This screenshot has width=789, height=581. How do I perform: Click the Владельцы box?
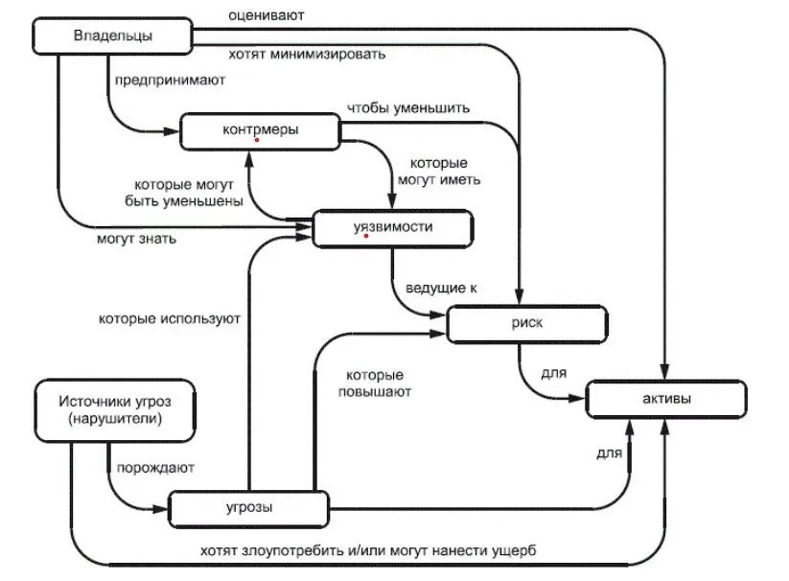coord(113,35)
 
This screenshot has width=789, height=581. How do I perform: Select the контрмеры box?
coord(260,131)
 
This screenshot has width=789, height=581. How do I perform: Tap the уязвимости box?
coord(393,229)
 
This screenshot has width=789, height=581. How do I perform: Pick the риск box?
coord(527,324)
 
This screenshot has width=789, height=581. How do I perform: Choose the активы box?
coord(666,399)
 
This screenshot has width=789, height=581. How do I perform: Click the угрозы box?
coord(248,509)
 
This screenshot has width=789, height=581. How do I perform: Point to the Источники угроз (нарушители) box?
coord(115,410)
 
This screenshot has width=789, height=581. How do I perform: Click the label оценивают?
coord(267,15)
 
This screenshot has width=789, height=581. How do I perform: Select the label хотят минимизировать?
coord(307,54)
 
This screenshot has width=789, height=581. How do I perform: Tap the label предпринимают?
coord(170,81)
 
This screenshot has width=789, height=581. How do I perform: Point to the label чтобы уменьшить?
coord(408,108)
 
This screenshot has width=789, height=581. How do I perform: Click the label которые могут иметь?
coord(439,171)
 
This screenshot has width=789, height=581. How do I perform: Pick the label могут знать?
coord(136,239)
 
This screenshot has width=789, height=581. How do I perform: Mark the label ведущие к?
coord(441,289)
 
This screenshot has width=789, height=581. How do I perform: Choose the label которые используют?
coord(170,319)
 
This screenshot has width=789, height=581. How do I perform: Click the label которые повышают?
coord(375,383)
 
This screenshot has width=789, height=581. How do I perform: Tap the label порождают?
coord(155,468)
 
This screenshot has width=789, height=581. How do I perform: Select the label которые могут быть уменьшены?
coord(184,193)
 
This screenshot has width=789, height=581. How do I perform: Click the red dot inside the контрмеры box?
coord(257,140)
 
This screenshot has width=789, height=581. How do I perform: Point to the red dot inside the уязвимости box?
coord(366,236)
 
